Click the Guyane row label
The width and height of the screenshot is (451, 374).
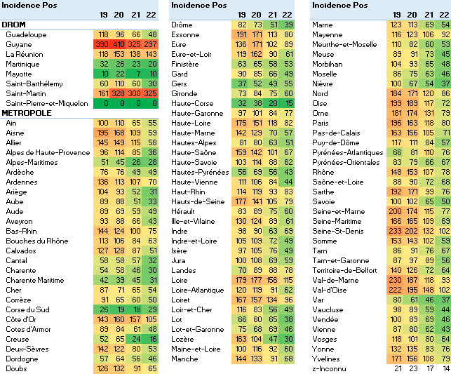pos(20,44)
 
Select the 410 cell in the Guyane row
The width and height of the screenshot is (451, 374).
pos(119,44)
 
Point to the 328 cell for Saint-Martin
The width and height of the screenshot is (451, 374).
pos(119,93)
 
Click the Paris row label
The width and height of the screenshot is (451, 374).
pos(321,123)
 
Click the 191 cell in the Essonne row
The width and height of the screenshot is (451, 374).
pos(242,34)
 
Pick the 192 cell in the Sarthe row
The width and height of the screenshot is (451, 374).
pos(396,192)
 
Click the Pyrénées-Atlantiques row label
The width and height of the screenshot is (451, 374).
pos(348,152)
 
